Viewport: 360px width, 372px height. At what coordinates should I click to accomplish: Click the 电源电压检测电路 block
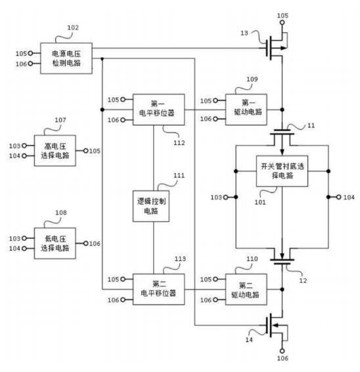66,58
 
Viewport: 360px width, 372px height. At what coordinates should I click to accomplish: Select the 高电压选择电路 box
55,151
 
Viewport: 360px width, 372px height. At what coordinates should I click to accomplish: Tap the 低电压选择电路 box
55,243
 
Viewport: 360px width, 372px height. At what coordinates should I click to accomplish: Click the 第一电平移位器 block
158,110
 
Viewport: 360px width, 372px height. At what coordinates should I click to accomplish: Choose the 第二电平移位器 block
158,289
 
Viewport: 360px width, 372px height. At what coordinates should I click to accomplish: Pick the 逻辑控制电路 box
151,206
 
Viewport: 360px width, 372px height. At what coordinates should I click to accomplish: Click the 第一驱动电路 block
246,110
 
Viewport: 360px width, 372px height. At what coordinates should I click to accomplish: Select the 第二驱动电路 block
246,289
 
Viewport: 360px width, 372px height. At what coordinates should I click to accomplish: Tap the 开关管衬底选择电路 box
282,171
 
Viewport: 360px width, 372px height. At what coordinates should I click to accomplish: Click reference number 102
73,28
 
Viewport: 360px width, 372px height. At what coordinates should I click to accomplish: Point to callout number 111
179,176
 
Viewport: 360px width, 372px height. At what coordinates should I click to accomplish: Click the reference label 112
179,143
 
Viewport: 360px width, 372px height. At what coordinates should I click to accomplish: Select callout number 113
180,259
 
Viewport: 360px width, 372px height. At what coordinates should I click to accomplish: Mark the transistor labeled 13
276,48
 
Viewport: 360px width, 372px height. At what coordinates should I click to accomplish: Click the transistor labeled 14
276,325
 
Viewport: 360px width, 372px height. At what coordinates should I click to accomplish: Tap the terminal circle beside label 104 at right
338,197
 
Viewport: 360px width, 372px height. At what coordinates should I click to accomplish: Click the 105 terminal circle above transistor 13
282,22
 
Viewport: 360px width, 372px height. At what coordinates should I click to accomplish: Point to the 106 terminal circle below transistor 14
282,351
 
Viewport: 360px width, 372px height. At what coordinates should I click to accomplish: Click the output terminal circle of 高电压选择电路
86,151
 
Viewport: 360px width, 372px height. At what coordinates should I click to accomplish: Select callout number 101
260,202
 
